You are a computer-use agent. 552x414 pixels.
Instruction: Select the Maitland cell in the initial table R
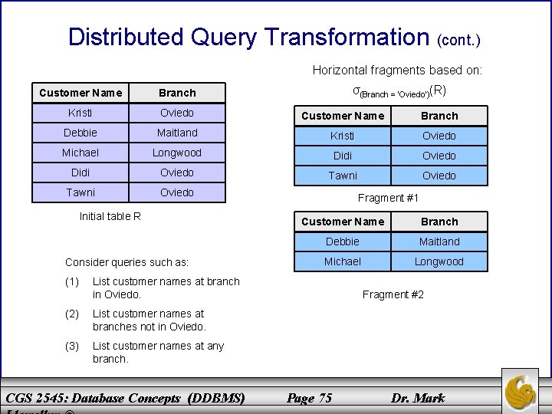click(177, 133)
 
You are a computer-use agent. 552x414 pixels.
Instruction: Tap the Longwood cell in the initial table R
click(177, 153)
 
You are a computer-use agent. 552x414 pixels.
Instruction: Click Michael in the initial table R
click(80, 153)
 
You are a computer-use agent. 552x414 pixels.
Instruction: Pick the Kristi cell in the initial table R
click(80, 113)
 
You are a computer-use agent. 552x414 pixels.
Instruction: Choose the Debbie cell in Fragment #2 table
click(343, 242)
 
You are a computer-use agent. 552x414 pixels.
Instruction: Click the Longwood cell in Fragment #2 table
click(439, 261)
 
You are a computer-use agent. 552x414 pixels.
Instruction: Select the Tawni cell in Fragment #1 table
click(343, 176)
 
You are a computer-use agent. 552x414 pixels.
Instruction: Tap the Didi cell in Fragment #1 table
click(343, 156)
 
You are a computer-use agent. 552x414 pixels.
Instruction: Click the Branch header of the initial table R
click(177, 93)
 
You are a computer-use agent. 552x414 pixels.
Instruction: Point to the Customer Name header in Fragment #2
click(343, 222)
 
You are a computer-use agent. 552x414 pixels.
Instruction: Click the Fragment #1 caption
click(389, 198)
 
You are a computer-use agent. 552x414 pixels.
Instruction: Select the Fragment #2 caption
click(393, 294)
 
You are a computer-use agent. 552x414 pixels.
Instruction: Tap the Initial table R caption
click(110, 216)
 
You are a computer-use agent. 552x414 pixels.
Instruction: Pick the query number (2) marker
click(72, 314)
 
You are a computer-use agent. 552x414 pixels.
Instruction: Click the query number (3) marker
click(72, 346)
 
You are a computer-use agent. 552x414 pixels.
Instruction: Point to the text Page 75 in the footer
click(309, 397)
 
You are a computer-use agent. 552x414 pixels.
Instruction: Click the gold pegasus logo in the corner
click(524, 391)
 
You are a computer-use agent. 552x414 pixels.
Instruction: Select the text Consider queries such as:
click(127, 262)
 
